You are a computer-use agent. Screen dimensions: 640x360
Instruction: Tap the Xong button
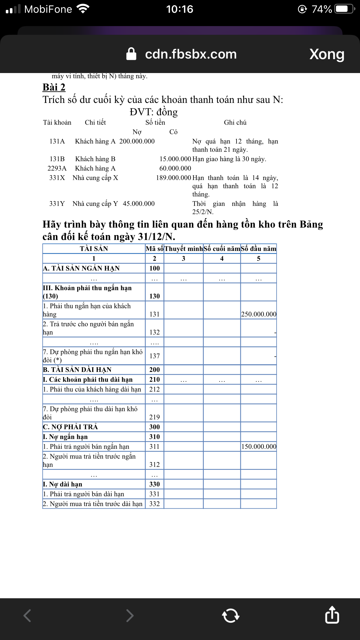(327, 54)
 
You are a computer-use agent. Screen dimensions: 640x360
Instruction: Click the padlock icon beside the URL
(131, 54)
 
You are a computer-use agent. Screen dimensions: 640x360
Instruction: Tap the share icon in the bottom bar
(332, 615)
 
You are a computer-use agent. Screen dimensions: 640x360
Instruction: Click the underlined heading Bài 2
(54, 87)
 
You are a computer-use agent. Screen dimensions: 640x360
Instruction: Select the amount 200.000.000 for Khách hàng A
(137, 141)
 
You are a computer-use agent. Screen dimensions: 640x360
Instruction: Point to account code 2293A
(57, 168)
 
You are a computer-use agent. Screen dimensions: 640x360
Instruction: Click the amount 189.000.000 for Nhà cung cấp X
(173, 178)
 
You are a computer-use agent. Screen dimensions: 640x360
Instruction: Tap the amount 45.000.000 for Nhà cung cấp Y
(139, 204)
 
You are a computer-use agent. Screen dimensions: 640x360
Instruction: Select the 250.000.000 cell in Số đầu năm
(259, 314)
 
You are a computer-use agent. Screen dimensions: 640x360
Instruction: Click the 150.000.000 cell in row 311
(259, 447)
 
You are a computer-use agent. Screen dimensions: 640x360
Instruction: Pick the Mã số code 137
(154, 356)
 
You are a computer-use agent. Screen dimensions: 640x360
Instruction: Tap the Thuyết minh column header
(183, 249)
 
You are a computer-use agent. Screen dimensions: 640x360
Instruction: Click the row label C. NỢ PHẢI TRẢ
(70, 427)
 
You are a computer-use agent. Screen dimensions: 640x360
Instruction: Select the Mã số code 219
(154, 417)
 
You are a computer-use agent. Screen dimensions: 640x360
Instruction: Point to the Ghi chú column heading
(235, 123)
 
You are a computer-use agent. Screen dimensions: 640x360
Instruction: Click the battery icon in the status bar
(344, 9)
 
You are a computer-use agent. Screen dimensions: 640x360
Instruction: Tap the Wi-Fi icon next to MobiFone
(83, 9)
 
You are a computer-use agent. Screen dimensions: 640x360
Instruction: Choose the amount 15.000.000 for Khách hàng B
(175, 159)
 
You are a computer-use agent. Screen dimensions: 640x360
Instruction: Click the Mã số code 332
(154, 504)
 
